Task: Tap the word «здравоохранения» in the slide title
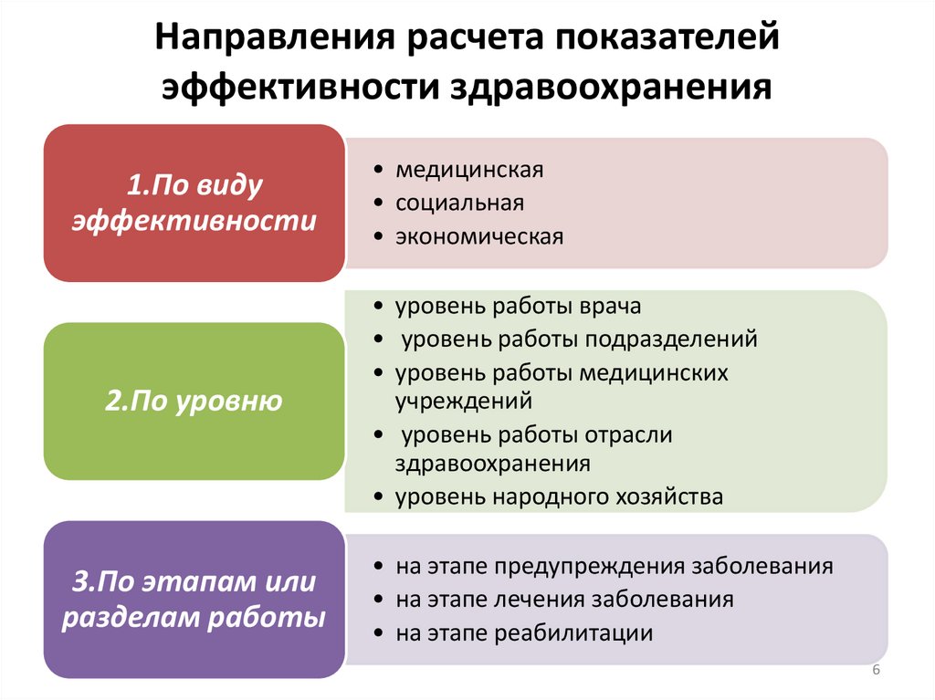610,88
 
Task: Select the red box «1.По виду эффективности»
194,203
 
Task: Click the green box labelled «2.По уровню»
194,402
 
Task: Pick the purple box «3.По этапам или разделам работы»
194,599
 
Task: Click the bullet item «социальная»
459,203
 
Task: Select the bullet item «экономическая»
479,236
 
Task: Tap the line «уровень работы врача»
519,306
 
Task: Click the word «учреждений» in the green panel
464,401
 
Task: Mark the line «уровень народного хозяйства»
559,497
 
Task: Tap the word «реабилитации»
574,633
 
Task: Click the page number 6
877,671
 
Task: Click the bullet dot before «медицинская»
378,171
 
